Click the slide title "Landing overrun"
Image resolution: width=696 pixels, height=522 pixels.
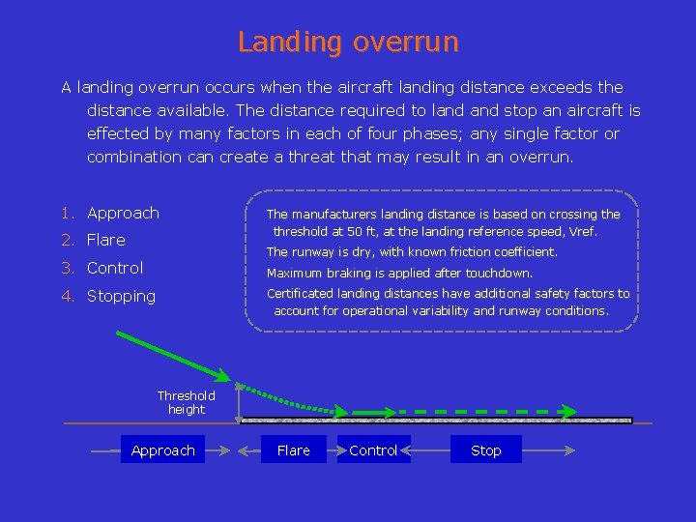pyautogui.click(x=348, y=43)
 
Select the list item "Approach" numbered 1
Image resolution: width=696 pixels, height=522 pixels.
pyautogui.click(x=123, y=213)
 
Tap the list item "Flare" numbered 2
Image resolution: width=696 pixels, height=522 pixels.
pyautogui.click(x=106, y=240)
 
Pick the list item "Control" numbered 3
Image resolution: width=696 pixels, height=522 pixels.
pyautogui.click(x=115, y=268)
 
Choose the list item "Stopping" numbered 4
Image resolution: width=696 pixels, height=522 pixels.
pyautogui.click(x=121, y=296)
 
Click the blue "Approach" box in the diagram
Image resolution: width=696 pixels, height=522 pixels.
pyautogui.click(x=162, y=450)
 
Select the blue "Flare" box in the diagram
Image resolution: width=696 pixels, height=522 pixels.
pyautogui.click(x=293, y=450)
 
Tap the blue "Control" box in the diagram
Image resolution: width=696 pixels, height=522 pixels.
pyautogui.click(x=373, y=450)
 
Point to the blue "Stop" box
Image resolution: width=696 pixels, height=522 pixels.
pyautogui.click(x=485, y=450)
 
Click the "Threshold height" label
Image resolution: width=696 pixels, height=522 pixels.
pyautogui.click(x=186, y=402)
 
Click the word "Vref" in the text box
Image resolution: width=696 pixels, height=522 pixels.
pyautogui.click(x=583, y=232)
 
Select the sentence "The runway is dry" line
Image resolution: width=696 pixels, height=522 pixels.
pyautogui.click(x=412, y=252)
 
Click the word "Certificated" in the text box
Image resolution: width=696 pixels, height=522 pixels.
pyautogui.click(x=300, y=294)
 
